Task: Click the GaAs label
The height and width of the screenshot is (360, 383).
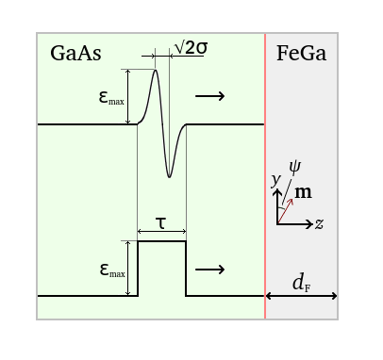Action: click(75, 54)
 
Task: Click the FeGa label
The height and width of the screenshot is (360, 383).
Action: click(301, 54)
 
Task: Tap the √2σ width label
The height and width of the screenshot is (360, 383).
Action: click(190, 47)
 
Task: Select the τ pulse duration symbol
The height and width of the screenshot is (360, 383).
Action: click(161, 222)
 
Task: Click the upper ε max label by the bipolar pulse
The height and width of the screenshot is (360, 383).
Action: click(111, 96)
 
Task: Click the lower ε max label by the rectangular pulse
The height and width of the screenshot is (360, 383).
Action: click(111, 270)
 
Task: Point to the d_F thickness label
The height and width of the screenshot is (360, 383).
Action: click(301, 282)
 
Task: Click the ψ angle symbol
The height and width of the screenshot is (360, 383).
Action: click(295, 168)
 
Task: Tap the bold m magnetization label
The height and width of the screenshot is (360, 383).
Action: click(303, 192)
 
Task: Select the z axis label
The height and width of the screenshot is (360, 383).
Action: click(321, 224)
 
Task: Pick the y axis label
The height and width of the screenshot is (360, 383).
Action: click(275, 179)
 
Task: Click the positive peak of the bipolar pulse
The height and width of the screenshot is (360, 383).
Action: click(156, 71)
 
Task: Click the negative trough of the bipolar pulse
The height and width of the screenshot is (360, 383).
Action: click(170, 176)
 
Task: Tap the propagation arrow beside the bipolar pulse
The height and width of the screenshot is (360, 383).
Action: click(209, 96)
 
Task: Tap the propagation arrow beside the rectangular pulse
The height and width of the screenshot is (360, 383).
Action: click(209, 270)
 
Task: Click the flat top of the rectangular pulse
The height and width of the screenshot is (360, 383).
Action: click(161, 242)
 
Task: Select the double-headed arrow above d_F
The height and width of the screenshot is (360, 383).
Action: click(301, 296)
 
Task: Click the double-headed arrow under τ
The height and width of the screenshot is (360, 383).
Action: click(161, 232)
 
